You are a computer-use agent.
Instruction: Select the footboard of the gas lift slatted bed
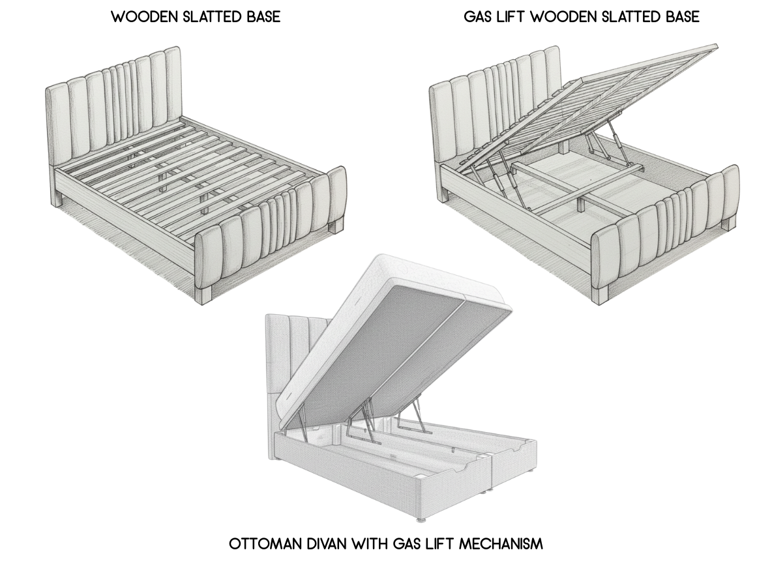tap(665, 228)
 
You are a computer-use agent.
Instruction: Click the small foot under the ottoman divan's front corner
tap(421, 519)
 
